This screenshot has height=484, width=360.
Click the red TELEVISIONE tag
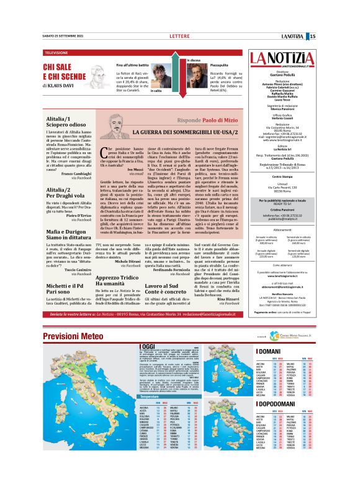pyautogui.click(x=57, y=53)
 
